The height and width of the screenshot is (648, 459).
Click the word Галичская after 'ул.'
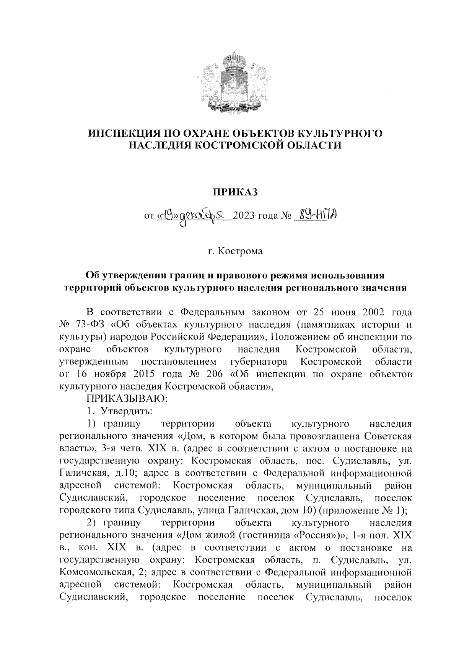point(83,473)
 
